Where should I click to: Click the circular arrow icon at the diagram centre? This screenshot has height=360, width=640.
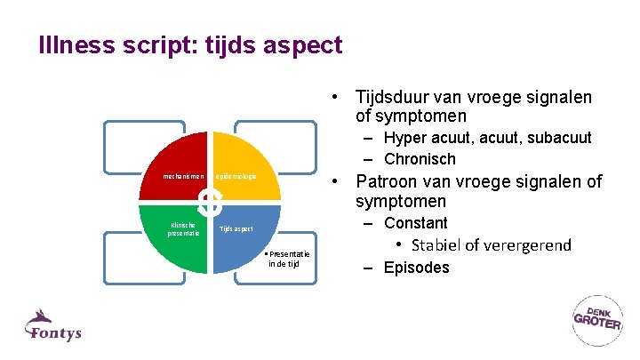(210, 203)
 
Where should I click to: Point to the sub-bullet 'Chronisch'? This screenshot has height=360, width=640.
(420, 159)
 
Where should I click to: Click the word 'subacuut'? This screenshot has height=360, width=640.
(557, 138)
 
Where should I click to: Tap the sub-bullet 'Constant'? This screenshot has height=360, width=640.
(415, 223)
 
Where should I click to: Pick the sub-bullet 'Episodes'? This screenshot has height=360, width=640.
(417, 268)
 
